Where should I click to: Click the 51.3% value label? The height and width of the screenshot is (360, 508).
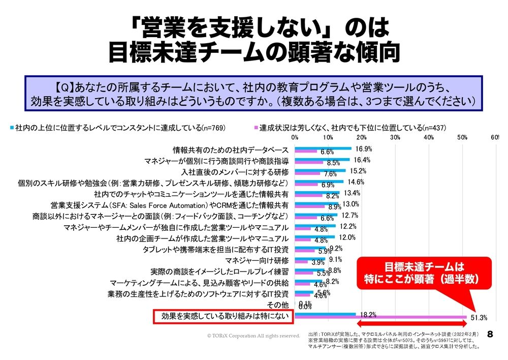(x=479, y=318)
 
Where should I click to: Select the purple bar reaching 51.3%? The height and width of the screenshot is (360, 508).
(x=380, y=317)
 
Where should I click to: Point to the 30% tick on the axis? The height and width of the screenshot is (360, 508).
(x=395, y=138)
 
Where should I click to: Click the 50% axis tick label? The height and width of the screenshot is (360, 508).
(x=462, y=138)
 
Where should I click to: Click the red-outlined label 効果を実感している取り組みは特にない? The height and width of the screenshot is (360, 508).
(x=224, y=316)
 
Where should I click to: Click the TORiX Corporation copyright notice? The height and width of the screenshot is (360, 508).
(x=253, y=336)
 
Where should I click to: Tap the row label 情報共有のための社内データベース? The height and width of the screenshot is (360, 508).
(x=231, y=150)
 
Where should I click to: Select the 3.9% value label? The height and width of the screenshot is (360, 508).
(x=317, y=263)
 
